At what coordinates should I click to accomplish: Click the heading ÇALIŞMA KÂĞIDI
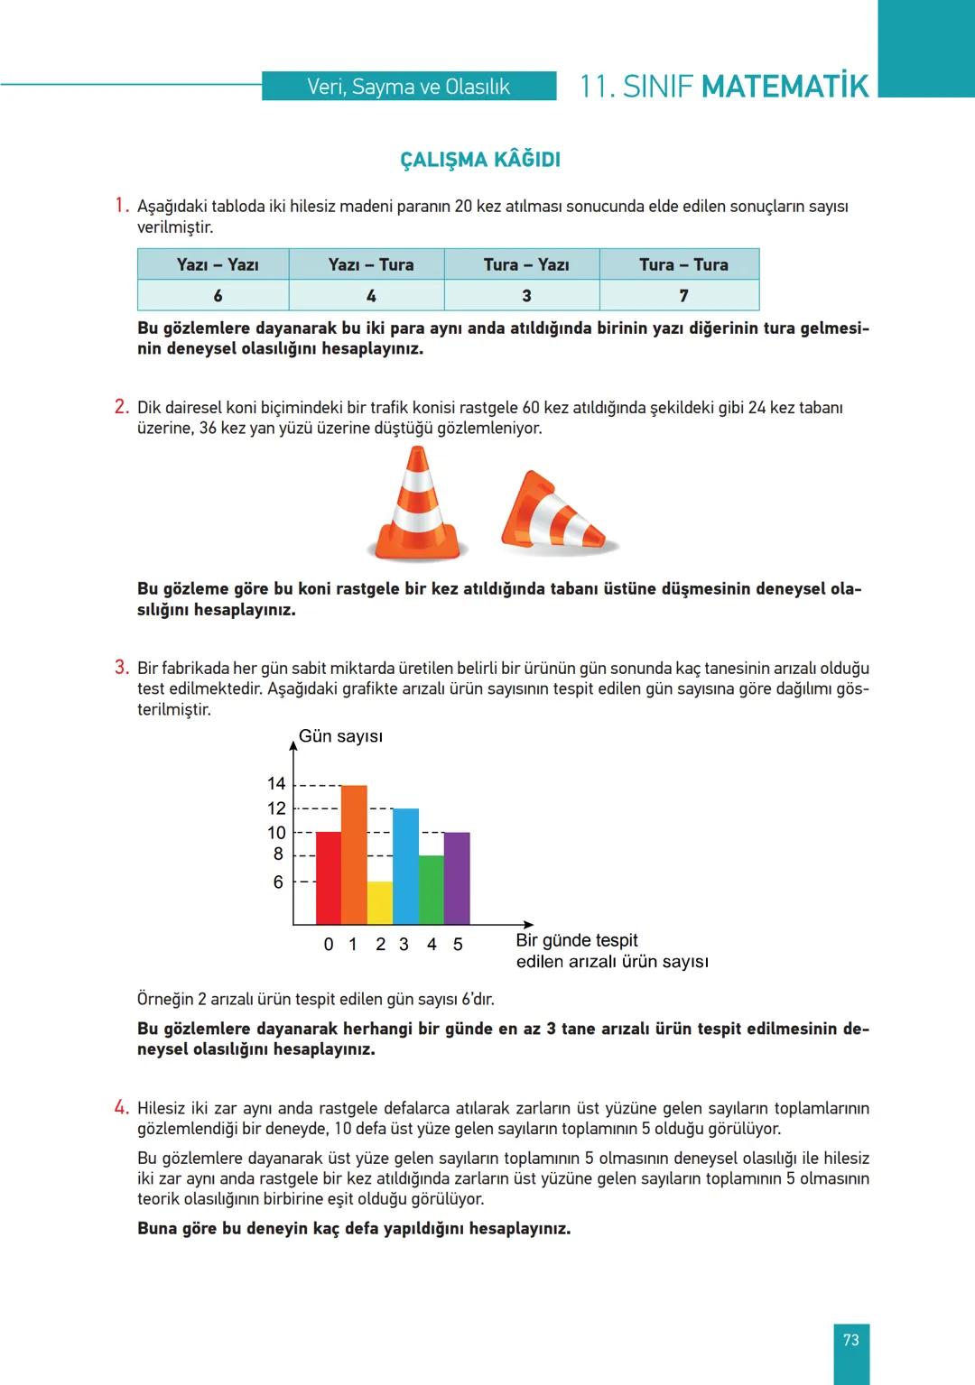pyautogui.click(x=480, y=160)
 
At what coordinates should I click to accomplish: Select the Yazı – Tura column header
pyautogui.click(x=370, y=264)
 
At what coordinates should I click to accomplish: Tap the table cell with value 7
pyautogui.click(x=682, y=296)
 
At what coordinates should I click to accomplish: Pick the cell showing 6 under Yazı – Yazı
pyautogui.click(x=218, y=296)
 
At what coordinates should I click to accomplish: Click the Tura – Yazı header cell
pyautogui.click(x=525, y=264)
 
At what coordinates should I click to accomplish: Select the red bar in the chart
pyautogui.click(x=329, y=877)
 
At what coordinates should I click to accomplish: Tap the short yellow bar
pyautogui.click(x=380, y=902)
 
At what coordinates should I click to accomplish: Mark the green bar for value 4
pyautogui.click(x=432, y=890)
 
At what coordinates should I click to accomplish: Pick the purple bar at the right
pyautogui.click(x=457, y=877)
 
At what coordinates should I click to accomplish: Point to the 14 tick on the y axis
pyautogui.click(x=276, y=783)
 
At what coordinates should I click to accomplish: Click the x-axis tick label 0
pyautogui.click(x=329, y=945)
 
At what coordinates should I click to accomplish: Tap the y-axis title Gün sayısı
pyautogui.click(x=340, y=736)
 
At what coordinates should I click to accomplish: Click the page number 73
pyautogui.click(x=850, y=1340)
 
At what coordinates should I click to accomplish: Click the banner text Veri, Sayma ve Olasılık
pyautogui.click(x=408, y=87)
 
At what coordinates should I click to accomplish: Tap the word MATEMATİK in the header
pyautogui.click(x=784, y=87)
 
